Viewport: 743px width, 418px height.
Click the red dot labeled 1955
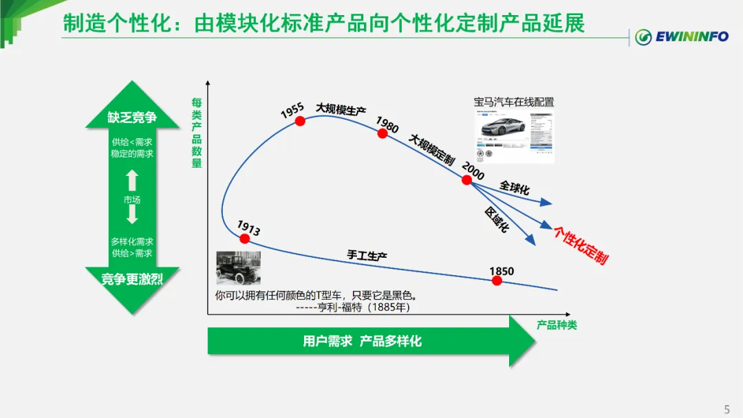[x=300, y=121]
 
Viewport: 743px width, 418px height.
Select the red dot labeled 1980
[x=383, y=133]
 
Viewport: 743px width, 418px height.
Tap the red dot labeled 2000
[x=467, y=180]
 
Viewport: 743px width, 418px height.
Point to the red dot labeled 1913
[x=244, y=239]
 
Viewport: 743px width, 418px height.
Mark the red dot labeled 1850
[x=497, y=280]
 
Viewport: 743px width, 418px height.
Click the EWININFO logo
[x=681, y=36]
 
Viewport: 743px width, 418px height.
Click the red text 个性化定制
[x=581, y=245]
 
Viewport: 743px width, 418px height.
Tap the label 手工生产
[x=367, y=256]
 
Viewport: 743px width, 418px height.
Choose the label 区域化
[x=497, y=219]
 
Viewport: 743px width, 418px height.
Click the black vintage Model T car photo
[x=238, y=268]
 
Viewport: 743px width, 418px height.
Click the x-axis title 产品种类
[x=557, y=324]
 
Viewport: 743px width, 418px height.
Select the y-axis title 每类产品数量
[x=197, y=133]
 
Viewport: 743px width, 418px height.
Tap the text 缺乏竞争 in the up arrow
[x=132, y=118]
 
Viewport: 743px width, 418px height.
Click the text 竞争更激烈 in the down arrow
[x=132, y=279]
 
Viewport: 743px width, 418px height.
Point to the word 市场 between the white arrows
[x=132, y=200]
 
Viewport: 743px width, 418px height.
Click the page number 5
[x=726, y=409]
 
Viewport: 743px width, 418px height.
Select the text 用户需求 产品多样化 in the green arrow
[x=362, y=341]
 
